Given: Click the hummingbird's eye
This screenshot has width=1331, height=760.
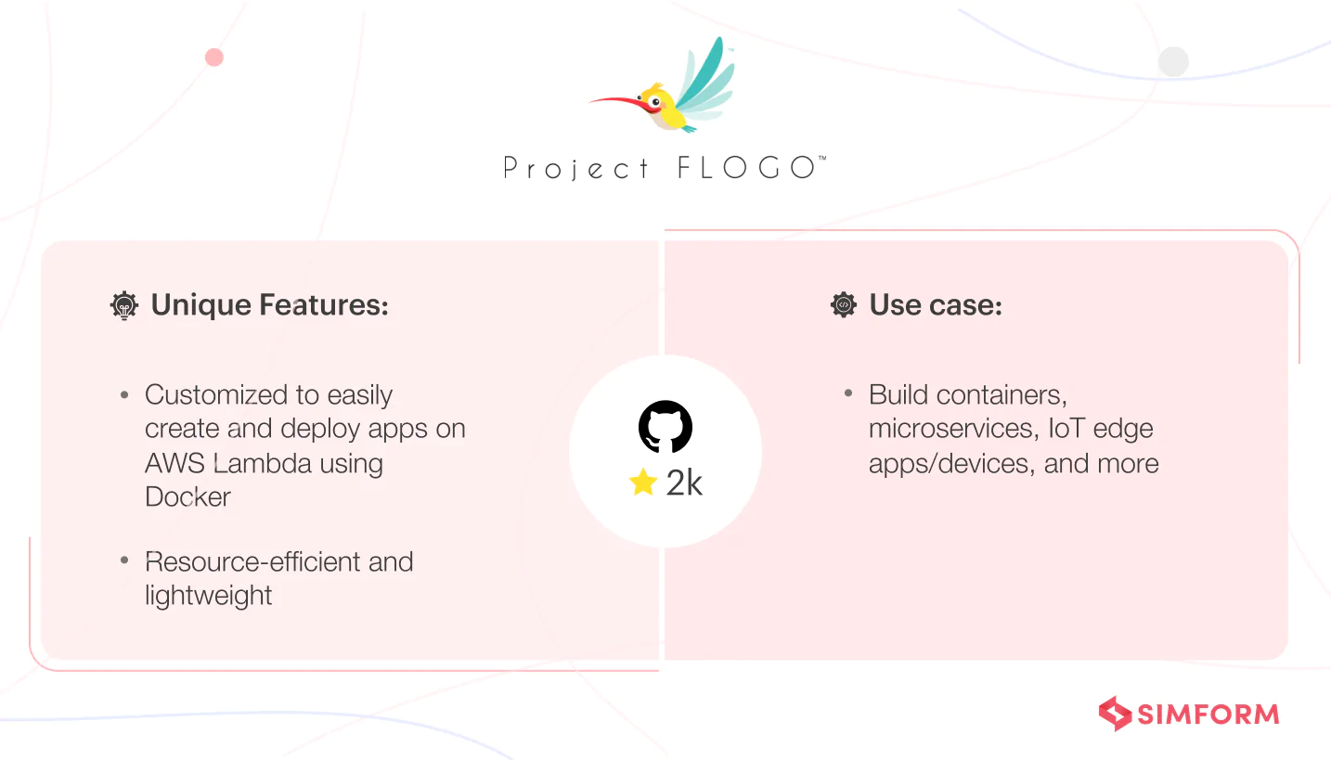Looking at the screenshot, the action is pyautogui.click(x=655, y=102).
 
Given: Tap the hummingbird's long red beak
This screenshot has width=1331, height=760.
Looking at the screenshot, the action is pyautogui.click(x=618, y=103).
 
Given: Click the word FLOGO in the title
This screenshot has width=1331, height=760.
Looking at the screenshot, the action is pyautogui.click(x=747, y=168).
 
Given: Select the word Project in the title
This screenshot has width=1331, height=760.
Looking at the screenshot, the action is pyautogui.click(x=575, y=168).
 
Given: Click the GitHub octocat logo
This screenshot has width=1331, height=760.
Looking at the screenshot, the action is pyautogui.click(x=665, y=427).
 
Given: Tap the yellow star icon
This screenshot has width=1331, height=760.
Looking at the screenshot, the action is pyautogui.click(x=643, y=482).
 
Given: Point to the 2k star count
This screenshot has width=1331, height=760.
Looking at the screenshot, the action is pyautogui.click(x=684, y=483).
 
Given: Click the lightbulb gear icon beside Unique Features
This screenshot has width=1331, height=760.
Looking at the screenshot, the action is pyautogui.click(x=124, y=305).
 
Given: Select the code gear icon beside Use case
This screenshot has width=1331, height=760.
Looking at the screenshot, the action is pyautogui.click(x=843, y=304).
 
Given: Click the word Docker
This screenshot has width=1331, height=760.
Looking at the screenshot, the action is pyautogui.click(x=187, y=496).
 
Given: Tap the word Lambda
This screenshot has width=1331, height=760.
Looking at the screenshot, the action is pyautogui.click(x=262, y=463).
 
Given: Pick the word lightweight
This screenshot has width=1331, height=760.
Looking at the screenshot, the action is pyautogui.click(x=209, y=596).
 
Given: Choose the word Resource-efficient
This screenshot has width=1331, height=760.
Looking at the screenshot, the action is pyautogui.click(x=252, y=561).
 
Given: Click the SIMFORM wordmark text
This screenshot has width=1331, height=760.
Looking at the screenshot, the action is pyautogui.click(x=1208, y=715).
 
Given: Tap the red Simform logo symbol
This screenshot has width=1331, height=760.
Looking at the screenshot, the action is pyautogui.click(x=1115, y=713).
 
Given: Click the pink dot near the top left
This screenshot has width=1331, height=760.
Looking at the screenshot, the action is pyautogui.click(x=213, y=58).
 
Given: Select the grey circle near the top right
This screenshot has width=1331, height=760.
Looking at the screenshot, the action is pyautogui.click(x=1173, y=62).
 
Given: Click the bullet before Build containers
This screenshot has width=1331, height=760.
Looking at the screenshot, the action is pyautogui.click(x=848, y=393).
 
